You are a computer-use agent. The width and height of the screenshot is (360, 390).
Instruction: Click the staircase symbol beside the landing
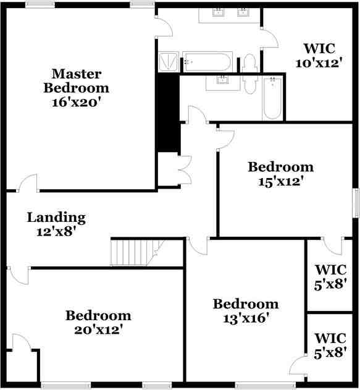(x=132, y=252)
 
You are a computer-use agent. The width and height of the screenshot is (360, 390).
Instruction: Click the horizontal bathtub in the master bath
(x=207, y=62)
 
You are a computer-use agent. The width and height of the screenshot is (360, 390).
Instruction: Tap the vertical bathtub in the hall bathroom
(x=273, y=98)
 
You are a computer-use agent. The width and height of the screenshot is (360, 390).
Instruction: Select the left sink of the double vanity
(x=218, y=12)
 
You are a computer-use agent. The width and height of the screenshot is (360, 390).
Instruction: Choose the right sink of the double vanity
(x=243, y=12)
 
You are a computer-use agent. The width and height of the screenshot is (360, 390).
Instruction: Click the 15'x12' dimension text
(x=280, y=182)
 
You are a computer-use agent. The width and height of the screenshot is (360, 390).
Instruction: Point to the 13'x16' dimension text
(x=245, y=318)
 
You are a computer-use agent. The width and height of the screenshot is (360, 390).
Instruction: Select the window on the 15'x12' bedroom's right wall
(x=356, y=203)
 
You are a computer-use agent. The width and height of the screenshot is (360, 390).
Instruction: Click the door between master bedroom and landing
(x=27, y=184)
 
